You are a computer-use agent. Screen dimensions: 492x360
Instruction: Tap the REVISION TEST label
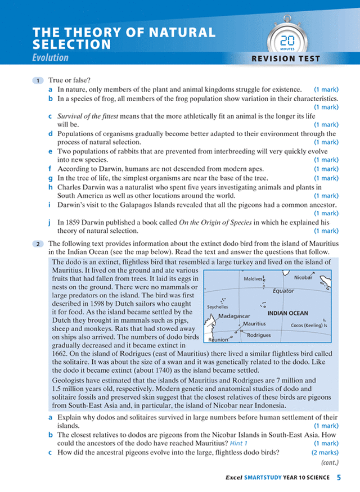coord(286,58)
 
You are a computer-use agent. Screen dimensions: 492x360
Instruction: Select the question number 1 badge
coord(37,81)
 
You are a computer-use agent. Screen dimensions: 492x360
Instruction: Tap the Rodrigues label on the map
coord(259,335)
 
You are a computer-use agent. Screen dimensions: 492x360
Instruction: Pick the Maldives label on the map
coord(253,279)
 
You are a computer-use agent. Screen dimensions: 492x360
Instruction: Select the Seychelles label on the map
coord(217,308)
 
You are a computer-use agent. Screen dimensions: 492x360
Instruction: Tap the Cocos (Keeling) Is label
coord(308,326)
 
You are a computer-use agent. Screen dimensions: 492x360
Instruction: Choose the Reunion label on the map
coord(218,340)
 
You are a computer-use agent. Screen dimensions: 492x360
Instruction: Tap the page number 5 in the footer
coord(339,478)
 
